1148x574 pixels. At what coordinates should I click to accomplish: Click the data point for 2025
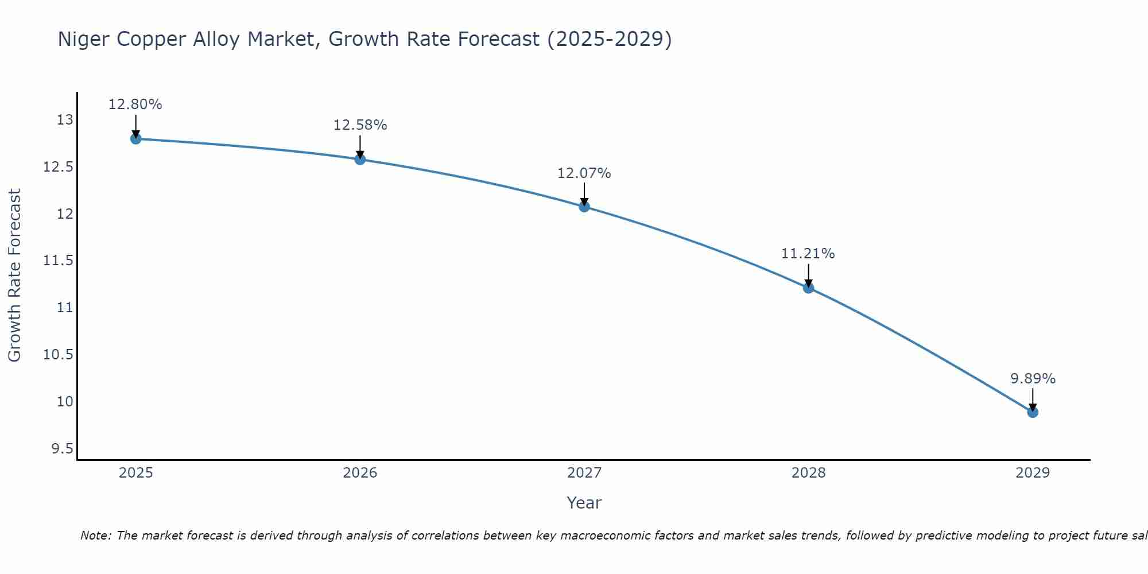[136, 139]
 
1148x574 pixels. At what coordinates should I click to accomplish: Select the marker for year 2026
[360, 160]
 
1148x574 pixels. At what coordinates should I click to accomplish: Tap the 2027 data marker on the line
[584, 207]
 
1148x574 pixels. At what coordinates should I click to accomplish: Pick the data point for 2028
[808, 288]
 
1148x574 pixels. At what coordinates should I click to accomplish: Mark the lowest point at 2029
[1033, 412]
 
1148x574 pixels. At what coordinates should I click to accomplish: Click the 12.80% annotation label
[135, 104]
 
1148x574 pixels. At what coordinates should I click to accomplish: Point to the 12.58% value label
[360, 125]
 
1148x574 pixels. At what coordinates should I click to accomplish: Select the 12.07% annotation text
[584, 173]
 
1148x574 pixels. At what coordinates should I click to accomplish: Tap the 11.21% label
[808, 254]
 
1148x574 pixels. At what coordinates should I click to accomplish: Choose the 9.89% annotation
[1033, 379]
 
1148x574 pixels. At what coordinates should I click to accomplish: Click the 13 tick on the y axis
[65, 120]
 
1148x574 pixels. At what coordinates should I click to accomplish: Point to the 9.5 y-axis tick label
[63, 448]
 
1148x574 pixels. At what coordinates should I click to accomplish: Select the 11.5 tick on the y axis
[59, 261]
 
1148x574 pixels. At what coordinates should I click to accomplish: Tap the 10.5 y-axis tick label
[59, 355]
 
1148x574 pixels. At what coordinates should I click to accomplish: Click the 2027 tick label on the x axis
[584, 473]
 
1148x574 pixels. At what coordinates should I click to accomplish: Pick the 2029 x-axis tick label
[1033, 473]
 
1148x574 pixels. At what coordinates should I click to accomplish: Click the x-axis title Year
[584, 503]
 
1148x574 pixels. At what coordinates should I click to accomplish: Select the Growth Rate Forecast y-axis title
[15, 276]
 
